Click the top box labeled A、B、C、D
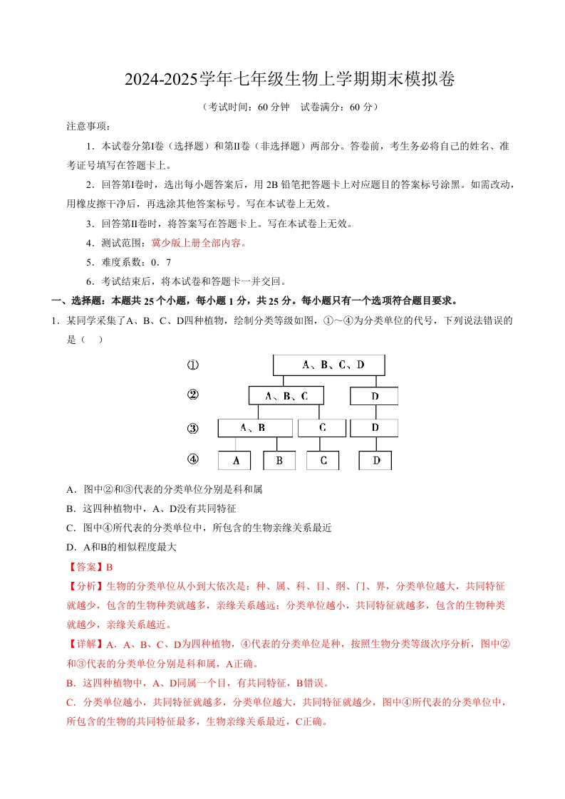(328, 365)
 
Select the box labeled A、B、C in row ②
(286, 396)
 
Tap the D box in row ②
(374, 396)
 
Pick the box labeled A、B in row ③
(254, 427)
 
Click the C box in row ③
(321, 427)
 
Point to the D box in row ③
(374, 427)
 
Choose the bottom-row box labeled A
(234, 461)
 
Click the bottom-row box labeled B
(279, 461)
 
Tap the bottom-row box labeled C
(323, 461)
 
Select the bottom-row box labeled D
(375, 461)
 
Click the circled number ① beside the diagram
(192, 365)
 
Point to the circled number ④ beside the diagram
(192, 459)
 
